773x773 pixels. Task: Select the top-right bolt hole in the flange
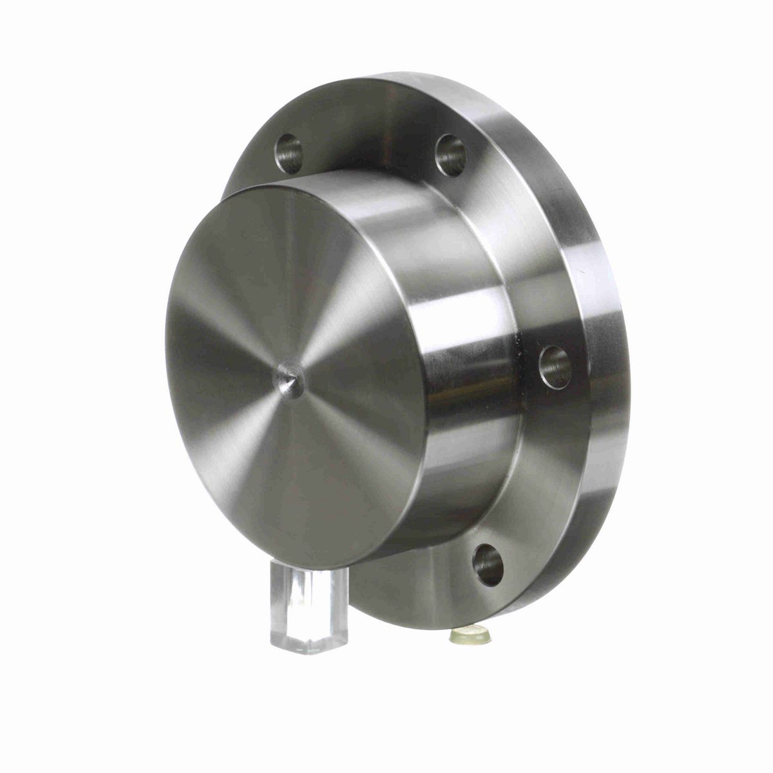point(451,155)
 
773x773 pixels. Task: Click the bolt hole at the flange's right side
point(555,367)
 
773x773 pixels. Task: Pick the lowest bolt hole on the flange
point(488,564)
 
